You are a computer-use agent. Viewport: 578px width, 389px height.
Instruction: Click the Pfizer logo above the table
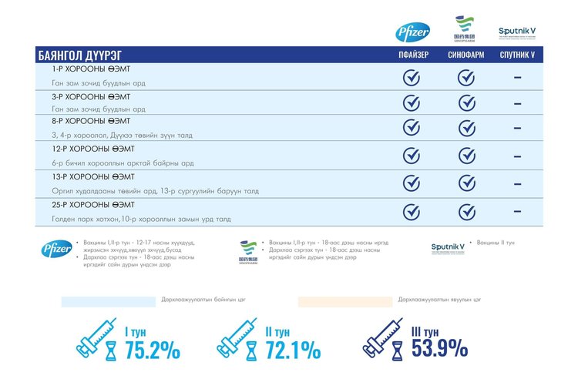412,32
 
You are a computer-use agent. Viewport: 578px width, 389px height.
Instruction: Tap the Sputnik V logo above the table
517,32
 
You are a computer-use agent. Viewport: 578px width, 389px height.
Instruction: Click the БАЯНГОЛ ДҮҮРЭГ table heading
80,55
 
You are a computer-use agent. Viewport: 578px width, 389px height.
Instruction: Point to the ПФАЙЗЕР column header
412,55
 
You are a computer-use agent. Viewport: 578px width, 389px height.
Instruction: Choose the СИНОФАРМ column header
465,55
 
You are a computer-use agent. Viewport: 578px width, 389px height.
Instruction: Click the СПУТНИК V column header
517,55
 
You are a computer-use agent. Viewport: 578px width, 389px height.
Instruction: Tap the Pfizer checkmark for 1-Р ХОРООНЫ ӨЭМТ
412,77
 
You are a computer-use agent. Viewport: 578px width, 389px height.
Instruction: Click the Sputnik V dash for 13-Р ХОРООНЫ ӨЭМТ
517,183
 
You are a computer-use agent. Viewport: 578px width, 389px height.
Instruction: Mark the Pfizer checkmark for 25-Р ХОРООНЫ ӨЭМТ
412,210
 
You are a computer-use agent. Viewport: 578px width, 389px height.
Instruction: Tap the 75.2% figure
153,350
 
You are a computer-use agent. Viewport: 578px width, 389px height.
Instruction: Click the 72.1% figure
293,350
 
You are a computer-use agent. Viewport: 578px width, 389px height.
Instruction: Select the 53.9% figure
439,348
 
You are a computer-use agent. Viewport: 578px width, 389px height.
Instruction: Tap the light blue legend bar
108,301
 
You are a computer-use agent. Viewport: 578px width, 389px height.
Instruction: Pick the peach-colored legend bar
345,301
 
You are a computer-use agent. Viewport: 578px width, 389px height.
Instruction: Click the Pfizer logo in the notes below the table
57,249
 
